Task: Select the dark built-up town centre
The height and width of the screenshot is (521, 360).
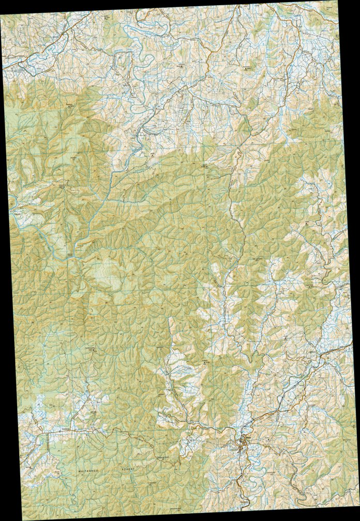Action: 243,443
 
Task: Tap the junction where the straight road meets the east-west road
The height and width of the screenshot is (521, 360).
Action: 47,432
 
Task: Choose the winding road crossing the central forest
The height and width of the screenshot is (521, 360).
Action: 236,217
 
